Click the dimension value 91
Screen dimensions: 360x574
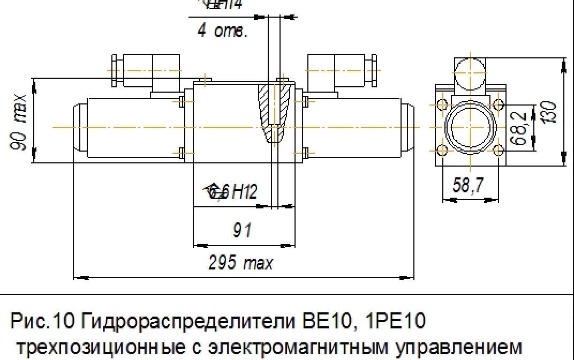[x=243, y=231]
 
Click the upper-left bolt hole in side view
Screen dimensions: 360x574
[x=442, y=104]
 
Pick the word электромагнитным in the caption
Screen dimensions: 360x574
[x=267, y=346]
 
